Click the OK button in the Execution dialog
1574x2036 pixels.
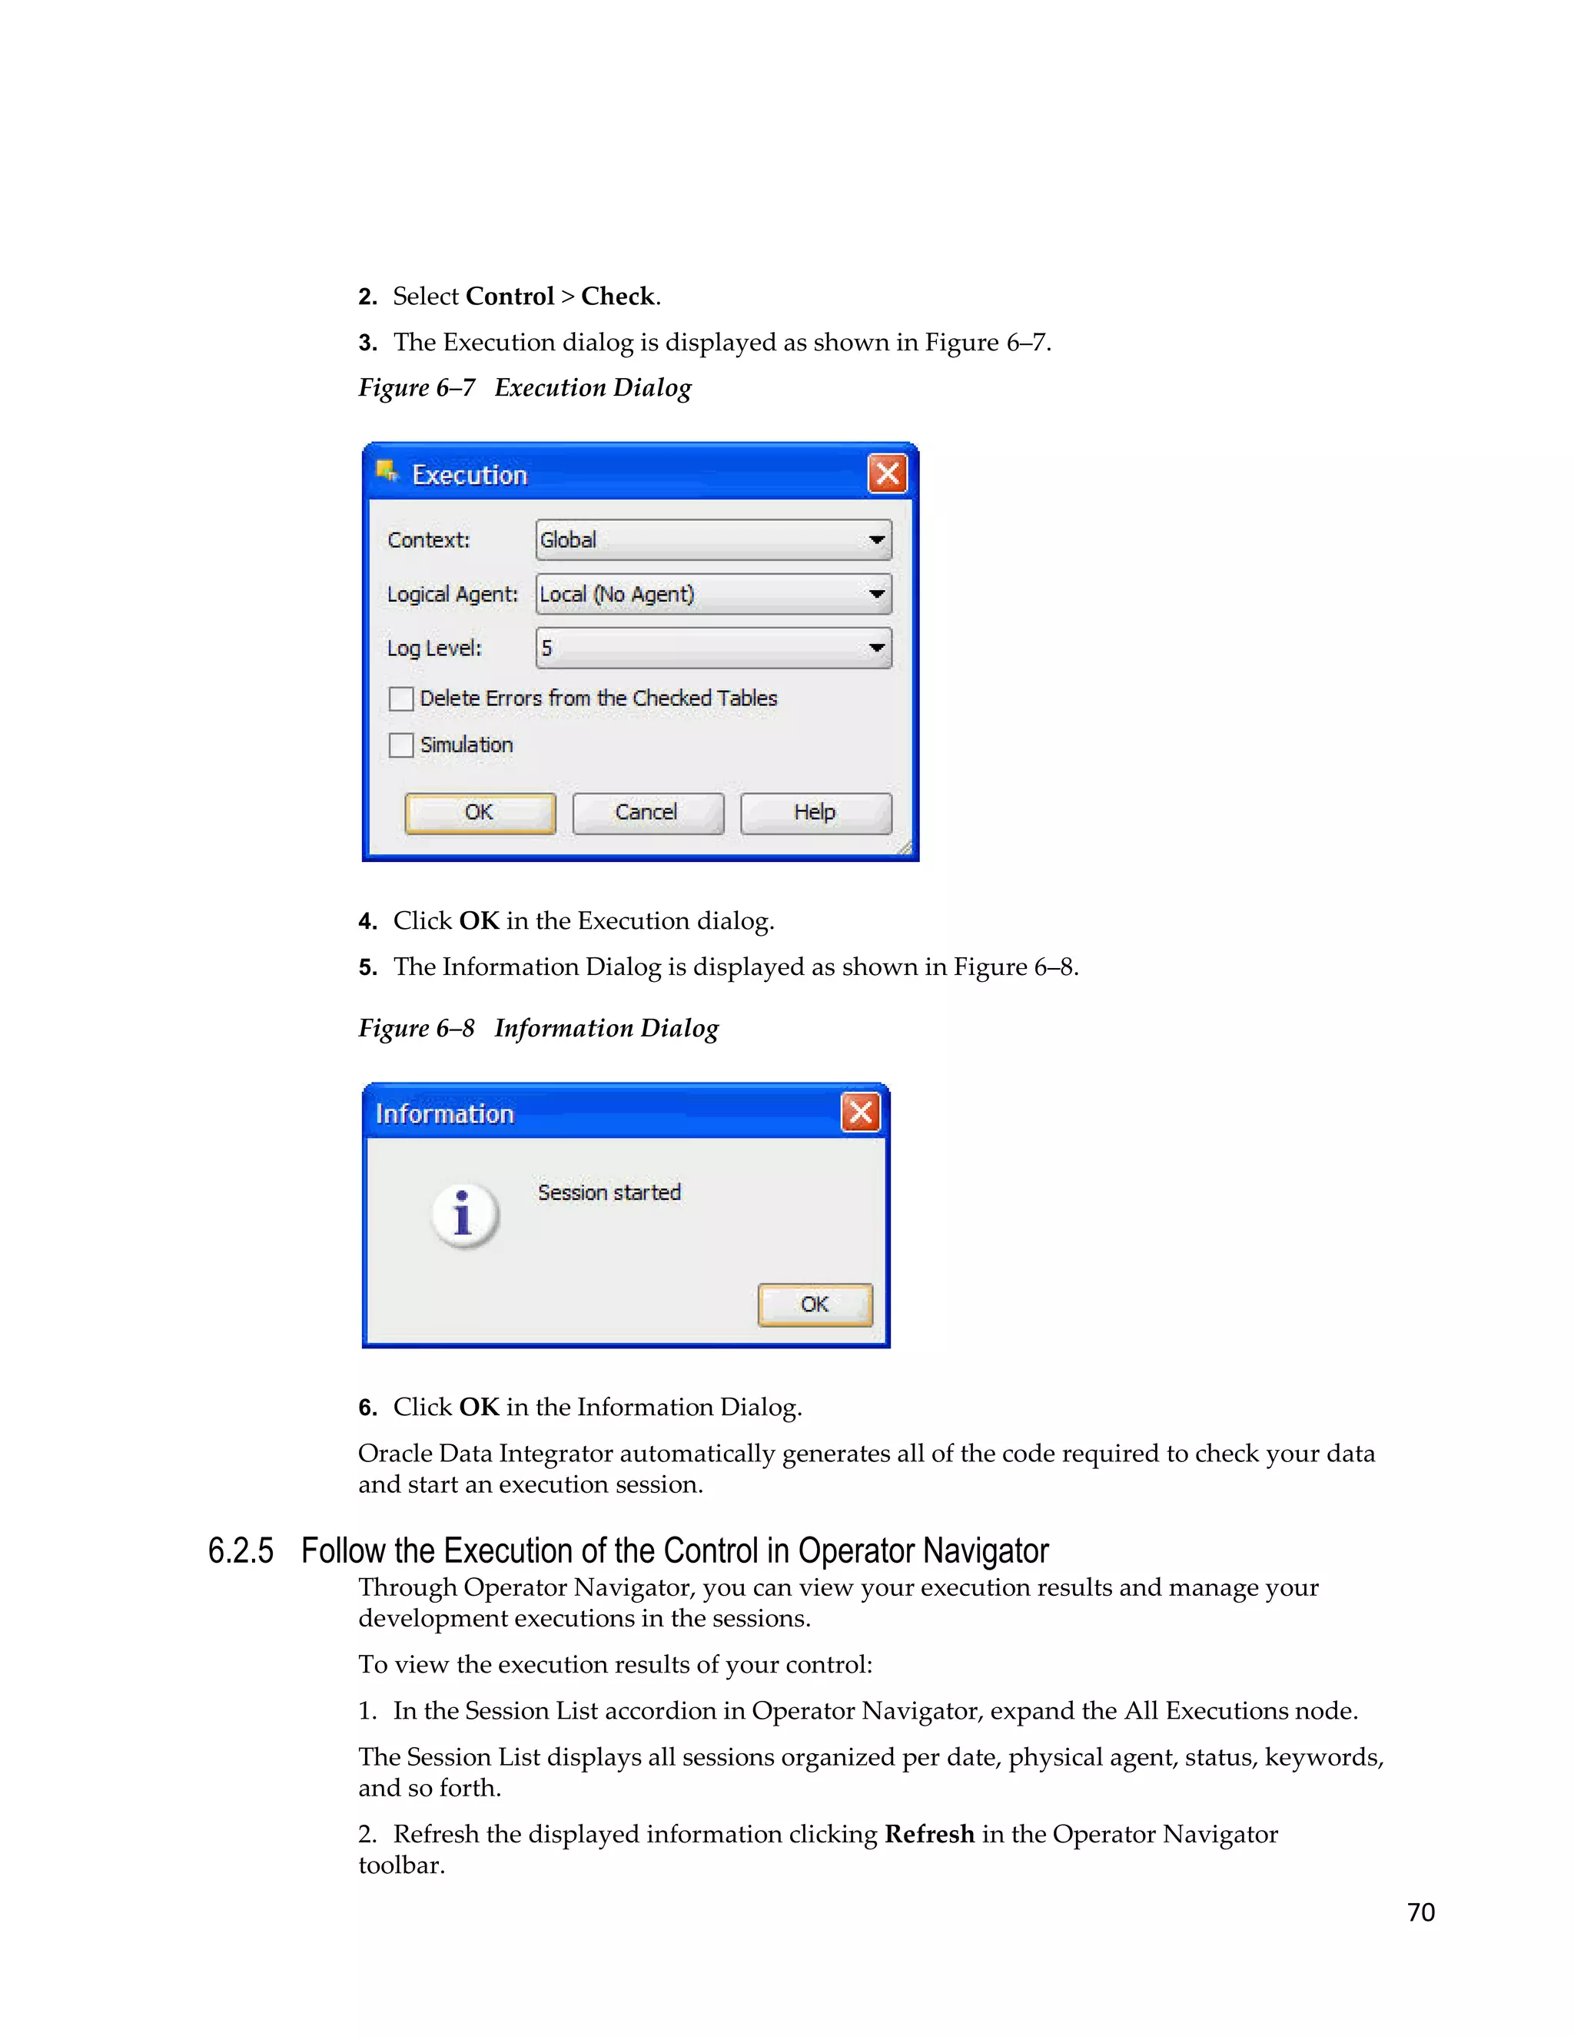pos(480,813)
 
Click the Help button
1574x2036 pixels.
pos(815,813)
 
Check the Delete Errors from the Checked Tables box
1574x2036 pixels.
pos(401,698)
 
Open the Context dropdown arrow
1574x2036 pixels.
pos(876,540)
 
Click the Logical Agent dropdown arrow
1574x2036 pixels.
pos(876,594)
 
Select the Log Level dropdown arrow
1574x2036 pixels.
pos(876,648)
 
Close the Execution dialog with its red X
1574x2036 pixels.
pos(887,473)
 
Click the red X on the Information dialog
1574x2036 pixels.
pos(860,1113)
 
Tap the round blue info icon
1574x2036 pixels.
pos(464,1215)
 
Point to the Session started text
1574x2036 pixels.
pos(609,1192)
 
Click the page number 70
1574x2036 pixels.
pos(1420,1912)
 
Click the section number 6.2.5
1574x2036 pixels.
pos(241,1551)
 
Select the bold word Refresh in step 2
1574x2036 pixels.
pos(928,1834)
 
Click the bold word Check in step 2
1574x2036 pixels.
pos(617,297)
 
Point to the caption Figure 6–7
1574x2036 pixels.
pos(417,388)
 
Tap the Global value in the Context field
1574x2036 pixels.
pos(568,540)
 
